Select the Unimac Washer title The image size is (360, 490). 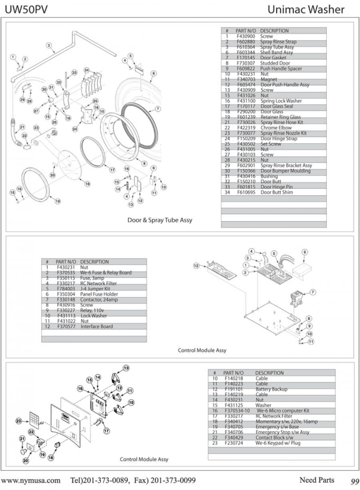[x=306, y=10]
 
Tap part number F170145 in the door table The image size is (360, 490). [x=245, y=58]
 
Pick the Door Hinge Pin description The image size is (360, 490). [x=277, y=187]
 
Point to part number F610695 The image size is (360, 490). [x=245, y=193]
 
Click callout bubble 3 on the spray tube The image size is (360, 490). [x=48, y=45]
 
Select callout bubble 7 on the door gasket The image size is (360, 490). [x=158, y=109]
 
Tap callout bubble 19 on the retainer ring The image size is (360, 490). [x=58, y=201]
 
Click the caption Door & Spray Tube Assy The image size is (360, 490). [x=160, y=220]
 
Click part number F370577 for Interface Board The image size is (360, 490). [x=66, y=327]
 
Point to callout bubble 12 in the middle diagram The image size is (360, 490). [x=196, y=265]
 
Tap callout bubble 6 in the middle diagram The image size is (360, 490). [x=305, y=252]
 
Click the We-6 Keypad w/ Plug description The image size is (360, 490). [x=278, y=443]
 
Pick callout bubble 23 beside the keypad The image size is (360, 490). [x=18, y=421]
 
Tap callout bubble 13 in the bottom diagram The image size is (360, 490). [x=126, y=368]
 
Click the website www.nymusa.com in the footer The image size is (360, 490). [x=32, y=480]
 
